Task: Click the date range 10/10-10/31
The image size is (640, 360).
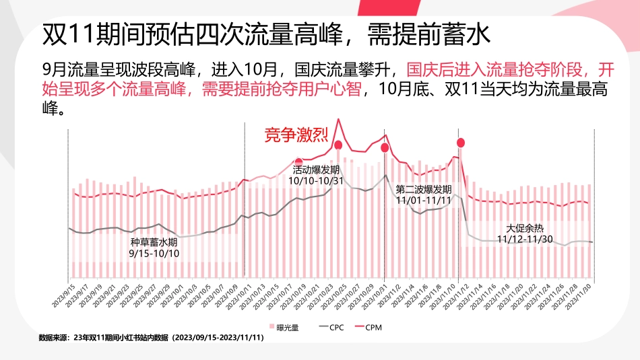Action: tap(316, 181)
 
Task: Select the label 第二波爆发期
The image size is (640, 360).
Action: tap(424, 190)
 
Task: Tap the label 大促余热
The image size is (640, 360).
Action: tap(525, 228)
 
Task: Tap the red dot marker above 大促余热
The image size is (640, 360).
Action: tap(461, 142)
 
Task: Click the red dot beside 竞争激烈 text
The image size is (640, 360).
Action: tap(338, 145)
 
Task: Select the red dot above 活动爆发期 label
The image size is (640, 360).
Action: tap(298, 161)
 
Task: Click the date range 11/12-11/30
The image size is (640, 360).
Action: tap(525, 239)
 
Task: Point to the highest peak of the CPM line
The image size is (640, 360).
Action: tap(338, 120)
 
